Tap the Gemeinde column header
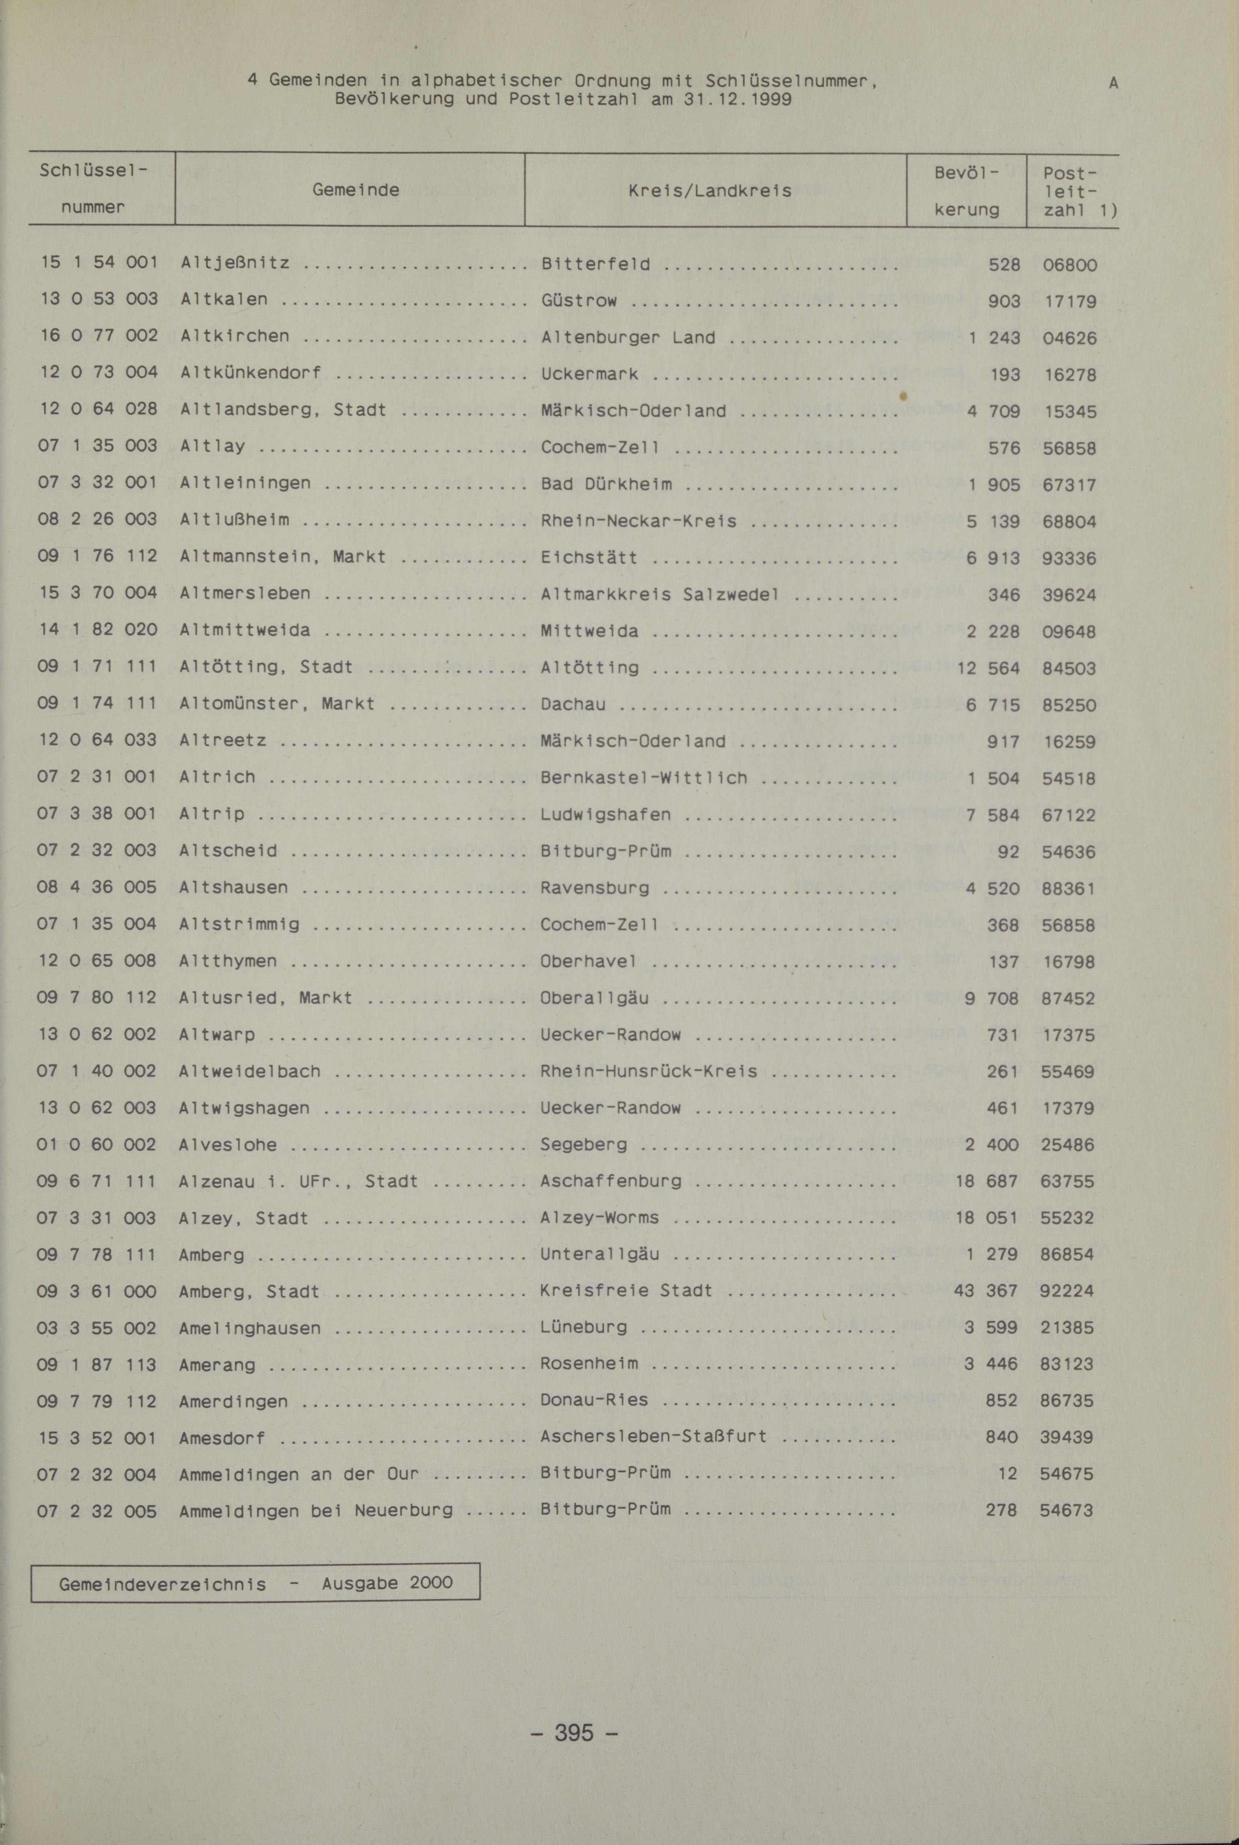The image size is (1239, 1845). coord(356,190)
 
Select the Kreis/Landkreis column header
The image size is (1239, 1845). coord(710,191)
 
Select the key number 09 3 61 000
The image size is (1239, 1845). coord(97,1291)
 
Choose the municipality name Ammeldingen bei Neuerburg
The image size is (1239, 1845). coord(316,1511)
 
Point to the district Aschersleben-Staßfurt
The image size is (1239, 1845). coord(653,1437)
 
